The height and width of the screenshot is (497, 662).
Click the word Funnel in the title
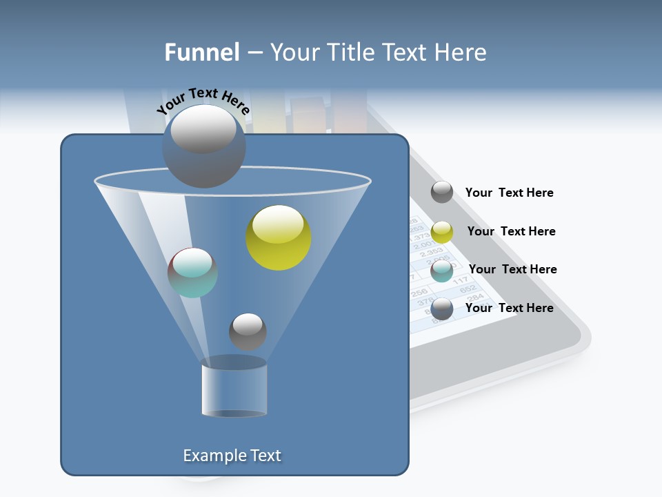pyautogui.click(x=201, y=52)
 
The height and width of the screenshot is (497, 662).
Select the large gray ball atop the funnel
pyautogui.click(x=203, y=146)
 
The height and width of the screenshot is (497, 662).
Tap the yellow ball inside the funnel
pyautogui.click(x=279, y=237)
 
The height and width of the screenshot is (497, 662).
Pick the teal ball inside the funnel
pyautogui.click(x=192, y=272)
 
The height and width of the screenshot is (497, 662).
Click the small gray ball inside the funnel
pyautogui.click(x=248, y=331)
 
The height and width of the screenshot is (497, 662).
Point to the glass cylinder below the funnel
pyautogui.click(x=234, y=387)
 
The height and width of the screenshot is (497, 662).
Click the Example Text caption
pyautogui.click(x=232, y=456)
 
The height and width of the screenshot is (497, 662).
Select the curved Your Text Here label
pyautogui.click(x=203, y=101)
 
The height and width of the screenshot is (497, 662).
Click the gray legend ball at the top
pyautogui.click(x=442, y=192)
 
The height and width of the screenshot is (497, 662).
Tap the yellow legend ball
pyautogui.click(x=442, y=232)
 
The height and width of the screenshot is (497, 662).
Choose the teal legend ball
pyautogui.click(x=442, y=271)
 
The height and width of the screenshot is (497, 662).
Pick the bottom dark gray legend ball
pyautogui.click(x=442, y=309)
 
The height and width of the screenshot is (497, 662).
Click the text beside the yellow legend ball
pyautogui.click(x=511, y=231)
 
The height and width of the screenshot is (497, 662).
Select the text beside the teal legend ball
pyautogui.click(x=512, y=269)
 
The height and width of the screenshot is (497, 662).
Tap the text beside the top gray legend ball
pyautogui.click(x=509, y=193)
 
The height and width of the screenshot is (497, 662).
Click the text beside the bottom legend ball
pyautogui.click(x=509, y=308)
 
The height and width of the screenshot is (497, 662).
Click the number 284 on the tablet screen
pyautogui.click(x=476, y=299)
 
